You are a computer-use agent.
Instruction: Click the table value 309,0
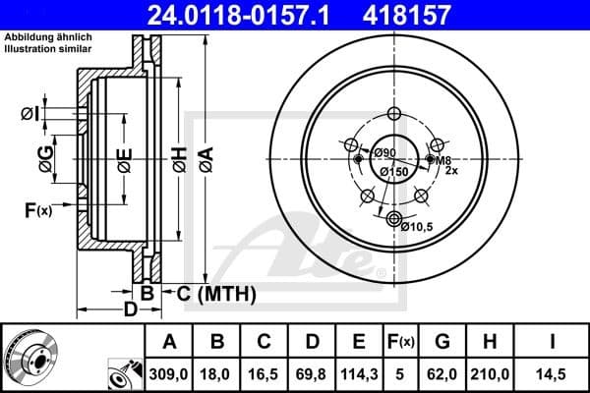(169, 374)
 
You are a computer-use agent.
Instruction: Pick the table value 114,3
(356, 374)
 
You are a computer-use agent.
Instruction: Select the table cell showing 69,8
(310, 374)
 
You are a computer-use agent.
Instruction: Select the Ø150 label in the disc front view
(394, 173)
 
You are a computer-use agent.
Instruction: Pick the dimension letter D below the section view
(130, 311)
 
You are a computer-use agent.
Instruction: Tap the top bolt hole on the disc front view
(394, 113)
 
